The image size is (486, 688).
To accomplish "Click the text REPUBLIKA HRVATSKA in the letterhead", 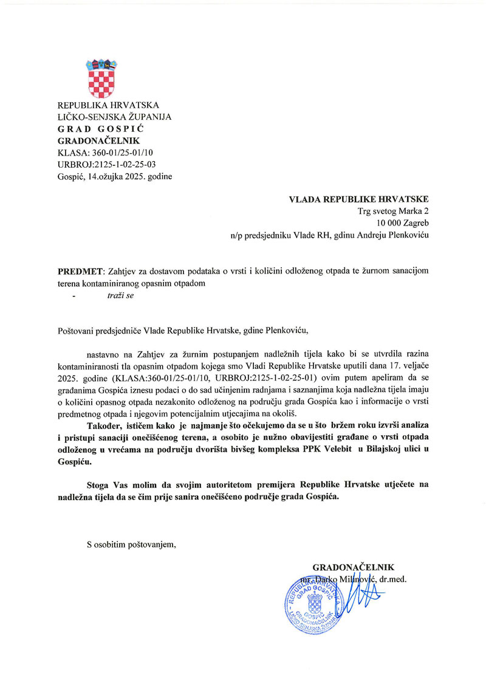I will pos(108,105).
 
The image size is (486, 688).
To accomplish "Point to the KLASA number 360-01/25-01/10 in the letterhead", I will pos(122,153).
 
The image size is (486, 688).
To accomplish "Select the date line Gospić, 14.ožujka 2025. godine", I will pos(114,176).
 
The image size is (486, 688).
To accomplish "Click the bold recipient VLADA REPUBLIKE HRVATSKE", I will pos(359,199).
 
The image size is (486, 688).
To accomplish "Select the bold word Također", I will pos(106,424).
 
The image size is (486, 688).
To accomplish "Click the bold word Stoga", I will pos(100,484).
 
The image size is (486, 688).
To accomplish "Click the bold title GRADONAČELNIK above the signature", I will pos(354,568).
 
